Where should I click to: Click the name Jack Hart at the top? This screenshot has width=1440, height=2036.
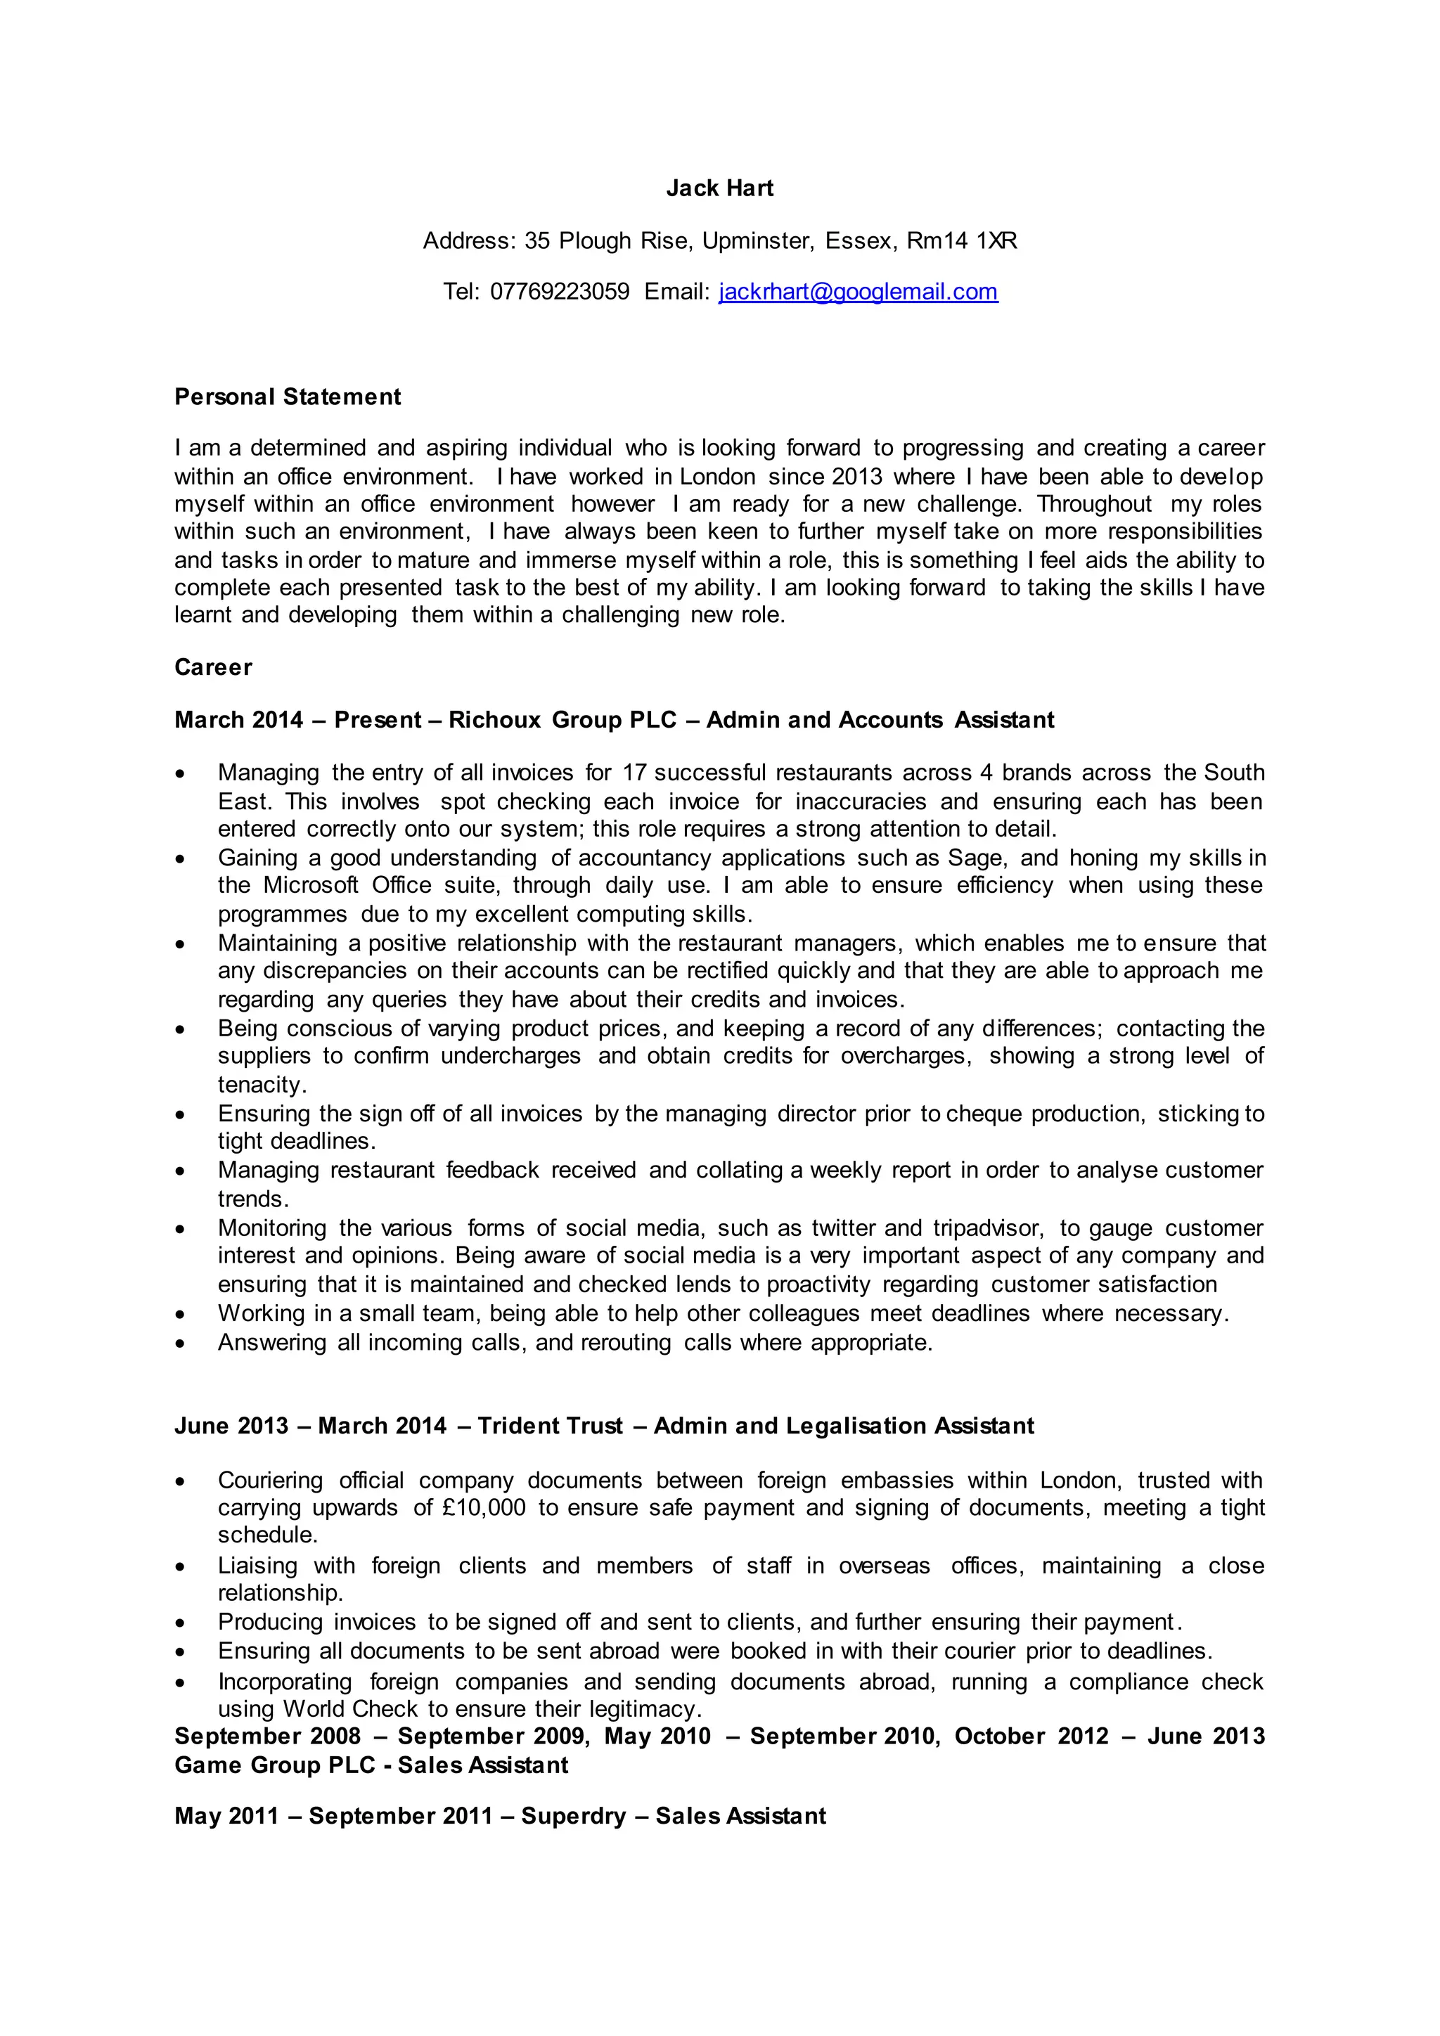719,188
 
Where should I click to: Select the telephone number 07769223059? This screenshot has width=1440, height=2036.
560,292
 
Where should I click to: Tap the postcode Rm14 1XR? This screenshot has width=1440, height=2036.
961,241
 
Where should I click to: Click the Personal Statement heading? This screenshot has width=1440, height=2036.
288,397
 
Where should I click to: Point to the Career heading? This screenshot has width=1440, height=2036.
213,667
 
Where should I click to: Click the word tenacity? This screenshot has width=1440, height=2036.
262,1085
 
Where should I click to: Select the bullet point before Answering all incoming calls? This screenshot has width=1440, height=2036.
181,1344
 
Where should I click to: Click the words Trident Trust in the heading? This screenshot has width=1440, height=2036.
550,1425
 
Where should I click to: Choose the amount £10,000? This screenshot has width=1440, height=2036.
482,1507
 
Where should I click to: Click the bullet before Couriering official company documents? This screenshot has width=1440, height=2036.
181,1481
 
